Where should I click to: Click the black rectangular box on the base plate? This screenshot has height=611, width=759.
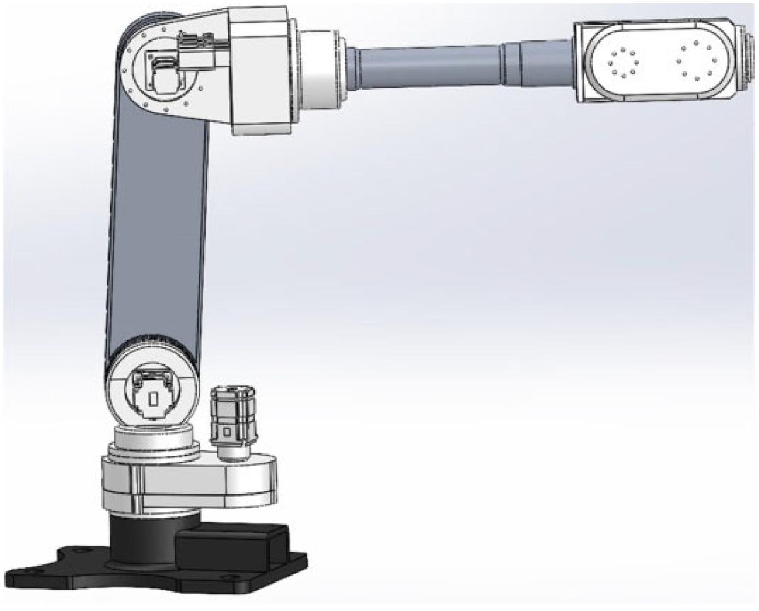230,549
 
